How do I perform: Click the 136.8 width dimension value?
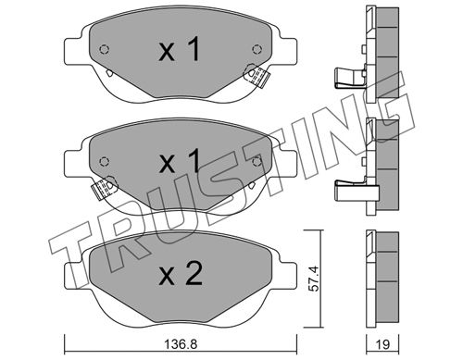(x=181, y=344)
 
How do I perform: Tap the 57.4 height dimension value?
(x=314, y=279)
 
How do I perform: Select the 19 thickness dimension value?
(x=382, y=344)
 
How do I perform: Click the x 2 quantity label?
(x=181, y=273)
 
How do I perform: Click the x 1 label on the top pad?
(x=180, y=49)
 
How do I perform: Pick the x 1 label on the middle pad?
(x=180, y=161)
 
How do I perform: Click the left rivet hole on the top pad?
(x=105, y=49)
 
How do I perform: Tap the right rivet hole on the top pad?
(x=257, y=49)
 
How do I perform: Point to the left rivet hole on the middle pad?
(x=105, y=161)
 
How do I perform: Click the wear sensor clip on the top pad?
(x=257, y=76)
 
